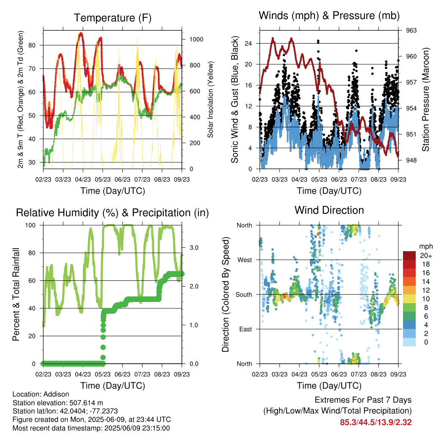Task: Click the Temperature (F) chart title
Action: [x=112, y=18]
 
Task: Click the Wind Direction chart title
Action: [x=329, y=210]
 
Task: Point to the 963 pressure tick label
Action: [x=411, y=30]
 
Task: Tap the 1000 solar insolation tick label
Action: [x=196, y=39]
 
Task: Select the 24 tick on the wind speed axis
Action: [x=248, y=44]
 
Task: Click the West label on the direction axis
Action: [x=244, y=260]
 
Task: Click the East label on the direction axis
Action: [x=246, y=329]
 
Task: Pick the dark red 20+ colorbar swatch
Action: [x=409, y=255]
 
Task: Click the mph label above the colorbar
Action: [x=425, y=247]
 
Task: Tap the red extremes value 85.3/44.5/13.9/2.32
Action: [x=375, y=422]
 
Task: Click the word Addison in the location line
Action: [x=56, y=394]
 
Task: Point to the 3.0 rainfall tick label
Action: [x=194, y=247]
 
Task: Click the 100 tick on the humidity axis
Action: [x=30, y=225]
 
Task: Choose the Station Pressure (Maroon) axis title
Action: [x=425, y=99]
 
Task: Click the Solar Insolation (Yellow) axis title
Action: [x=211, y=99]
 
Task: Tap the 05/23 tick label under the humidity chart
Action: [x=103, y=374]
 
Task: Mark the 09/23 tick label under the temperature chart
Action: [x=182, y=179]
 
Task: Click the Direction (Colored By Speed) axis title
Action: [x=226, y=294]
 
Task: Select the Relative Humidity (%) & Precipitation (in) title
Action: [x=112, y=213]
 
